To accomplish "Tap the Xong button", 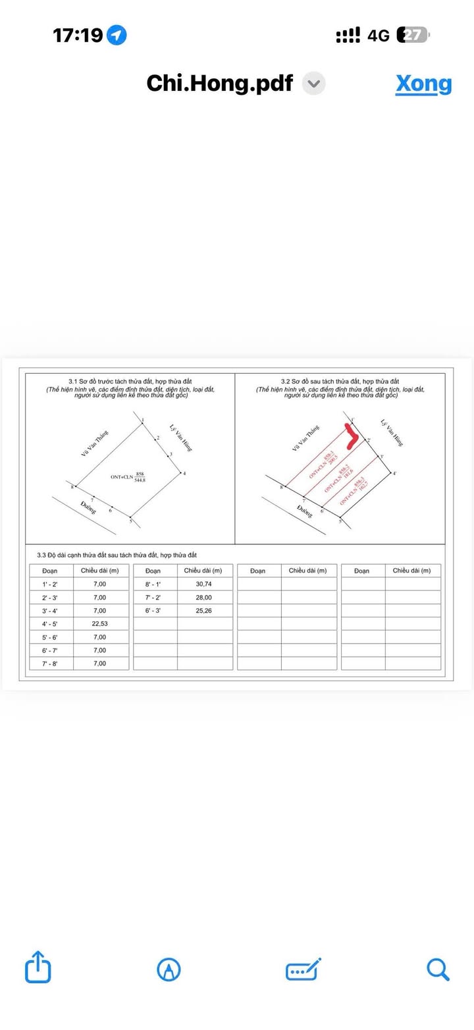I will (423, 84).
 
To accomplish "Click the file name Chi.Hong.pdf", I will (219, 84).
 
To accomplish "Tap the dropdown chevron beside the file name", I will (314, 84).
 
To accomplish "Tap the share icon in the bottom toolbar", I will (38, 967).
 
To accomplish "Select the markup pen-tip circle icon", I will (169, 969).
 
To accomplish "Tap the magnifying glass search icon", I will (438, 969).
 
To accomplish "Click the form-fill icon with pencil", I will (303, 969).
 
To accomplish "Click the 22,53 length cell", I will (99, 624).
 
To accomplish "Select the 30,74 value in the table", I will (204, 584).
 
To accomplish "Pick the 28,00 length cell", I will (204, 598).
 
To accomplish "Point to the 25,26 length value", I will (204, 611).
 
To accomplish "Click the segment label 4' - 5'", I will (50, 624).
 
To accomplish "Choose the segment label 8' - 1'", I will (153, 584).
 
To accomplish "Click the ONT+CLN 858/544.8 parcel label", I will (128, 477).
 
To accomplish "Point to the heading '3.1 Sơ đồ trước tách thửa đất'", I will (130, 382).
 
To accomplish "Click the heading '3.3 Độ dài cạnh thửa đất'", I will (117, 555).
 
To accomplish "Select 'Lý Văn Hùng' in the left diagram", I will (180, 436).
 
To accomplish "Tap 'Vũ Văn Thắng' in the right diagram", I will (306, 439).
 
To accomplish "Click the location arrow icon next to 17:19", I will (117, 35).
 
